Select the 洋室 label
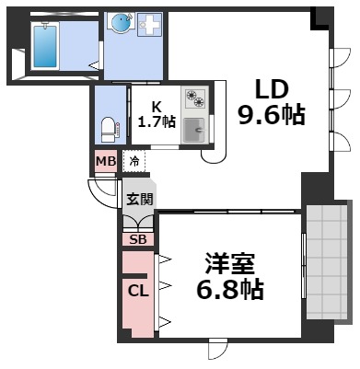[x=229, y=262]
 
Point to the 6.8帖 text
[x=230, y=290]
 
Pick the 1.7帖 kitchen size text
[x=157, y=121]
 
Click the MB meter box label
[x=105, y=161]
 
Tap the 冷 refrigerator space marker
[x=134, y=161]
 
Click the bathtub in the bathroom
[x=44, y=47]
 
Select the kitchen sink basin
[x=193, y=130]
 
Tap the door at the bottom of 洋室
[x=217, y=350]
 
